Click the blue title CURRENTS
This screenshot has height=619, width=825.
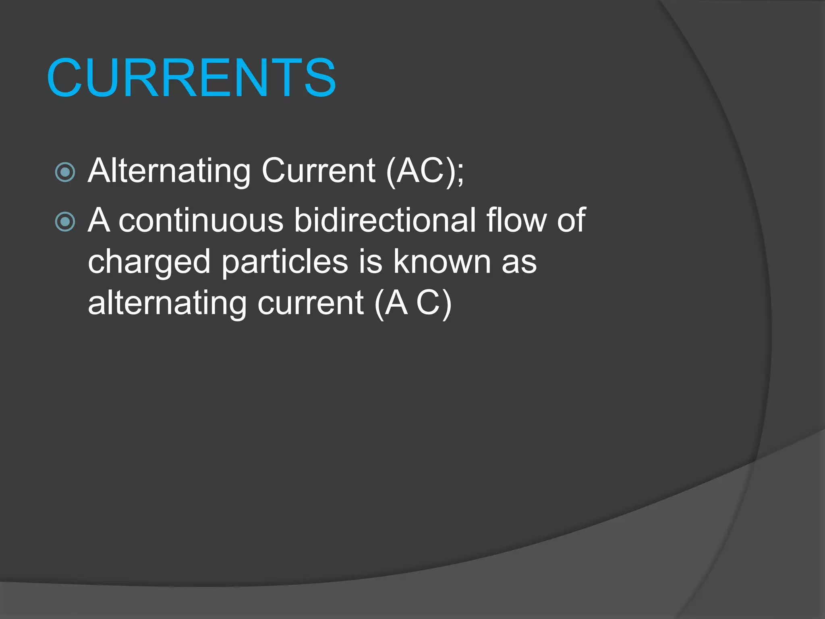click(191, 77)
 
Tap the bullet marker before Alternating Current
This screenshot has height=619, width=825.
click(65, 172)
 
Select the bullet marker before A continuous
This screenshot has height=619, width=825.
click(65, 222)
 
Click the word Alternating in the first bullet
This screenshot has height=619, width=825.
click(169, 171)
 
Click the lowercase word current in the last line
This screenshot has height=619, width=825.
click(311, 304)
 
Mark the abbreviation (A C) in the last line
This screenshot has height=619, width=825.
click(413, 304)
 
